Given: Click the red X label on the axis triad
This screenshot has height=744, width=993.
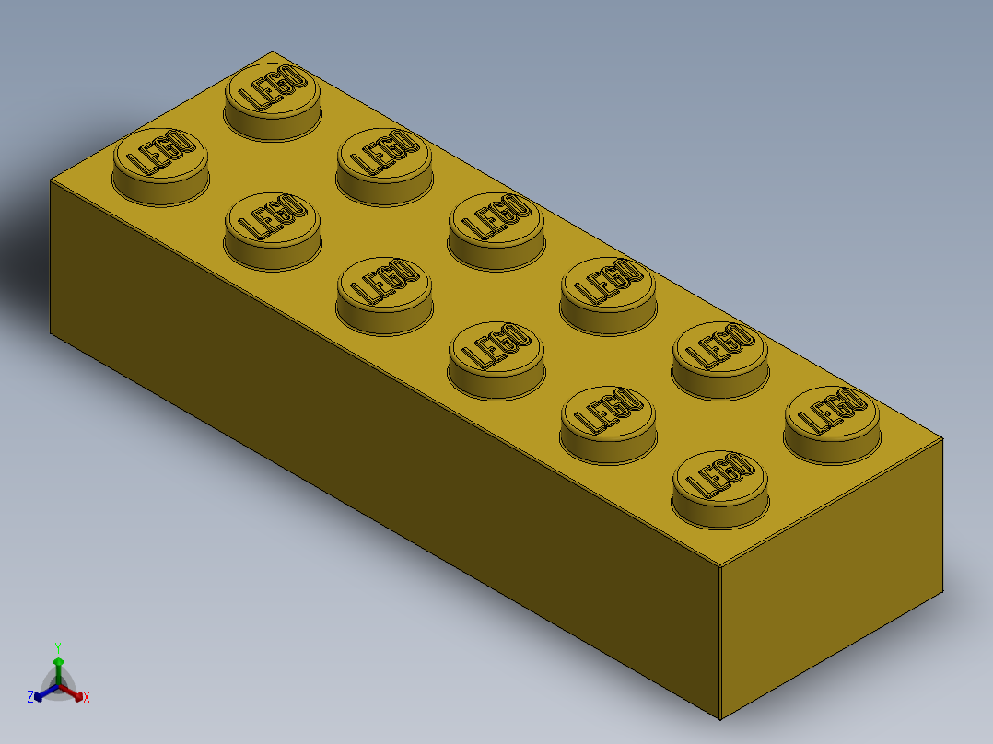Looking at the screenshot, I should click(x=87, y=698).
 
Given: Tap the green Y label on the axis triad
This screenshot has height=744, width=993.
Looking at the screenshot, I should click(x=58, y=647).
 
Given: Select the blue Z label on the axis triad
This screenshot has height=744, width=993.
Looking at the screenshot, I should click(x=30, y=698).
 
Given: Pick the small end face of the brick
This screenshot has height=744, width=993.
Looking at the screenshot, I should click(x=829, y=571).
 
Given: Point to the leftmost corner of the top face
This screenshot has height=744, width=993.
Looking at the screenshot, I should click(x=51, y=180).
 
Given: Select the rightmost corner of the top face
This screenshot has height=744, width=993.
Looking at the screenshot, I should click(x=943, y=438).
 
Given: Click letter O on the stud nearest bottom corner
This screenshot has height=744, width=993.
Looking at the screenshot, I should click(x=740, y=467).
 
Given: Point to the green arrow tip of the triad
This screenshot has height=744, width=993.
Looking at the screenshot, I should click(x=58, y=661).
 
